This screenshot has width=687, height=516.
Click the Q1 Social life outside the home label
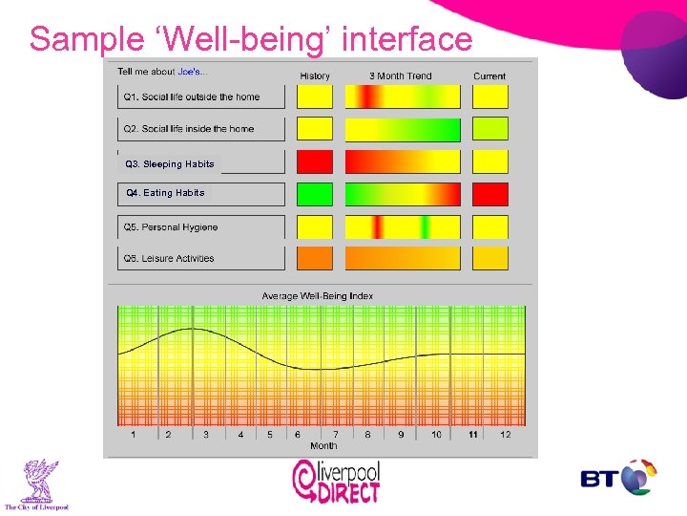[x=191, y=97]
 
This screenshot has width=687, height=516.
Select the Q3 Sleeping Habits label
[x=170, y=164]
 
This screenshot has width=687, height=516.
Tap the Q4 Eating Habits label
[x=166, y=193]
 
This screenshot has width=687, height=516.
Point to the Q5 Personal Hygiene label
[x=171, y=227]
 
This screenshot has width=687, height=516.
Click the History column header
[x=315, y=76]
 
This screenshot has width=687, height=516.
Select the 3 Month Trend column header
[x=401, y=76]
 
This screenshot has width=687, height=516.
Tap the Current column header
[x=489, y=76]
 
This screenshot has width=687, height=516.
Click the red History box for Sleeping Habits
[x=315, y=161]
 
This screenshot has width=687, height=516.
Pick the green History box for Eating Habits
[x=315, y=195]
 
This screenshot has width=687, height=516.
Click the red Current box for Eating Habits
[x=490, y=195]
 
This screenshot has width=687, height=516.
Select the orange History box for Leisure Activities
[x=315, y=258]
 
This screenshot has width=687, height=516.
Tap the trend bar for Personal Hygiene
[x=402, y=227]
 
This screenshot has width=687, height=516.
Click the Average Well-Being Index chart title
[x=318, y=296]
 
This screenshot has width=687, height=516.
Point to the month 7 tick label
[x=335, y=435]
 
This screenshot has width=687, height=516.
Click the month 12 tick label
[x=506, y=435]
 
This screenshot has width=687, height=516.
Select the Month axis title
[x=323, y=446]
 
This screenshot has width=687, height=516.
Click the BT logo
[x=618, y=478]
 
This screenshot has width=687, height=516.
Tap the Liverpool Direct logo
[x=335, y=481]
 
